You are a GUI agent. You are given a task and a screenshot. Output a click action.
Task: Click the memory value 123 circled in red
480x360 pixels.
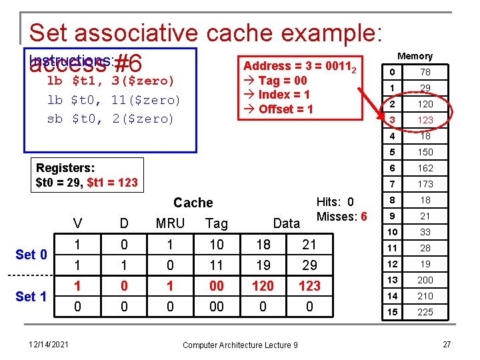425,120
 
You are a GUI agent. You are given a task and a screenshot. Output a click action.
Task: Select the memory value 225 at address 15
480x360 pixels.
425,312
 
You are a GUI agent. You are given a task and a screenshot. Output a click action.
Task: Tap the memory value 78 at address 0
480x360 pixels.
425,72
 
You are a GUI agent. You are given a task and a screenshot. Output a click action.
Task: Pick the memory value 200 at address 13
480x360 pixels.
425,280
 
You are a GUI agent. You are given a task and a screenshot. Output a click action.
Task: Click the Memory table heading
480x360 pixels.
415,56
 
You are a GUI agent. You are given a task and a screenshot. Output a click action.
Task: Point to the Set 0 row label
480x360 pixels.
31,255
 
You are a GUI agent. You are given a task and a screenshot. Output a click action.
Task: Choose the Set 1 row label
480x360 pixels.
31,296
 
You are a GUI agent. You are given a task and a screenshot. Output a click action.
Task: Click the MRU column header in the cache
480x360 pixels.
170,223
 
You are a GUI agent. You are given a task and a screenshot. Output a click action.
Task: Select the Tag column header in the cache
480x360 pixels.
217,223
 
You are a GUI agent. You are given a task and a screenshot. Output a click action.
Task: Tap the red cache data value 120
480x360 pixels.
263,286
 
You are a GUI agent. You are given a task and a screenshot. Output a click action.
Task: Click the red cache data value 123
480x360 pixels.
309,286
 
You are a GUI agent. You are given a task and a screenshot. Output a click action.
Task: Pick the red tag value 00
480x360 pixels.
217,286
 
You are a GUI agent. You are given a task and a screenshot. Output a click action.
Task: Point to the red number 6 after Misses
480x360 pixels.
363,216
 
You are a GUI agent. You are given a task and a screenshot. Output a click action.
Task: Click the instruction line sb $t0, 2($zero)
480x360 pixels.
110,119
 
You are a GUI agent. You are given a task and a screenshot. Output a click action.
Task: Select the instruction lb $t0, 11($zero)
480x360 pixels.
113,100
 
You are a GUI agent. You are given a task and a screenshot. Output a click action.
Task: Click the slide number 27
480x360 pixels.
449,344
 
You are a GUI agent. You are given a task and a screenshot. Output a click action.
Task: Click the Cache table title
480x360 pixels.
193,203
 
